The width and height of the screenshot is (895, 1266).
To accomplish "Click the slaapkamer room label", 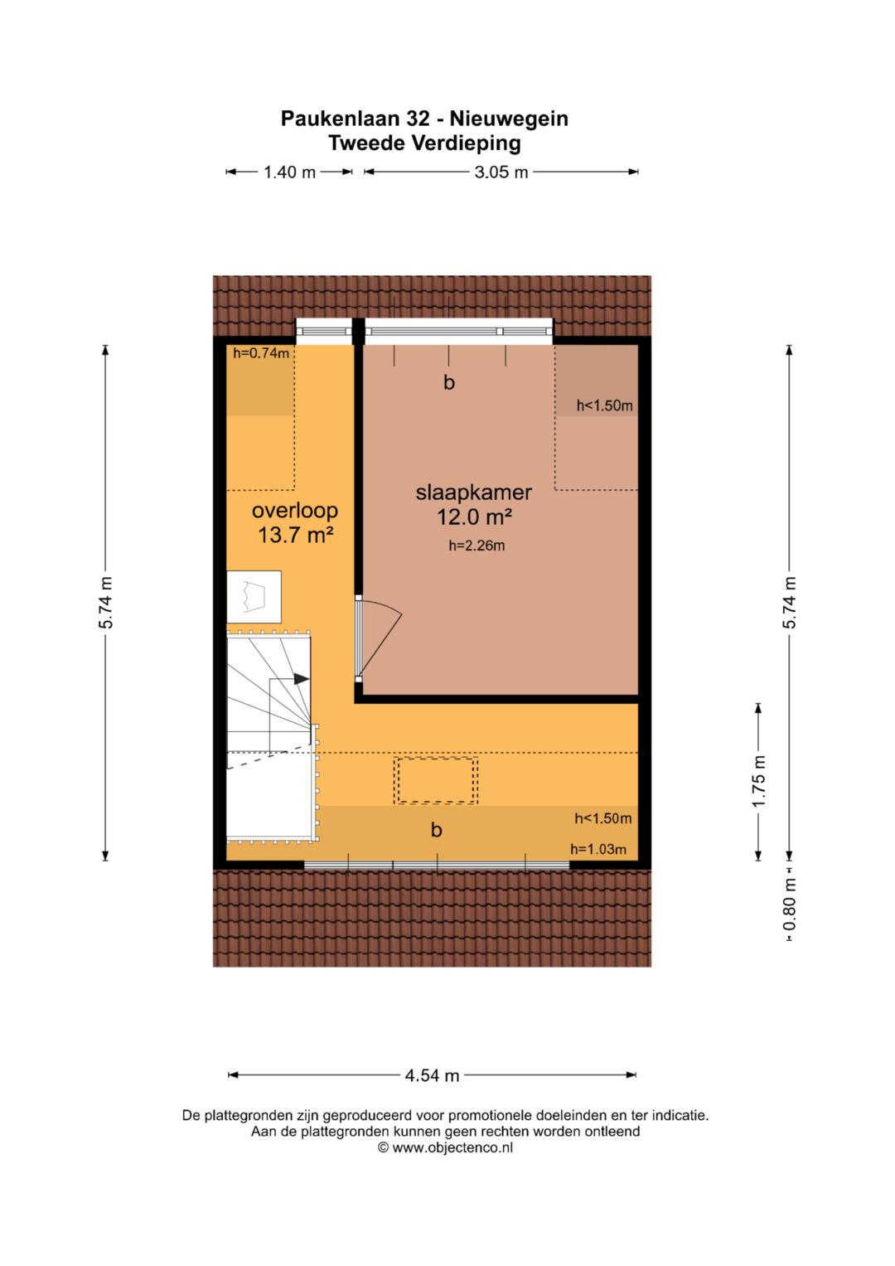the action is click(x=473, y=492).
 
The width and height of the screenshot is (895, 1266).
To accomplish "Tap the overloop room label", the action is click(x=295, y=511).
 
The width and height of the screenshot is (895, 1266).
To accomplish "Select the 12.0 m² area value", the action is click(x=474, y=517).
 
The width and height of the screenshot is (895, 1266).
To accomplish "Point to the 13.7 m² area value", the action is click(x=295, y=534).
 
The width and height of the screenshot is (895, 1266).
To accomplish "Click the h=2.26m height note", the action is click(x=477, y=546).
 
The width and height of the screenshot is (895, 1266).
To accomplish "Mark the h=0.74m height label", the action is click(x=261, y=354).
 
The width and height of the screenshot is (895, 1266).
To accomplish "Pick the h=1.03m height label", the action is click(x=598, y=849).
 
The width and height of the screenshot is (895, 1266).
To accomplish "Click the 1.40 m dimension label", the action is click(x=290, y=172).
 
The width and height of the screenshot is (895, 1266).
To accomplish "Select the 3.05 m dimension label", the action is click(x=501, y=172).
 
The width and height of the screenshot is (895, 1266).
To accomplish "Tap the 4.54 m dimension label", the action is click(x=433, y=1075).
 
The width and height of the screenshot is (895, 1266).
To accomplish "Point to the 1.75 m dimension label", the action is click(x=759, y=782).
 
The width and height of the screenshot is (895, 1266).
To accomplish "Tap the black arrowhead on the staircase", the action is click(x=301, y=679).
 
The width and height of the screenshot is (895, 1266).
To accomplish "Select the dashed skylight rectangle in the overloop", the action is click(x=436, y=780).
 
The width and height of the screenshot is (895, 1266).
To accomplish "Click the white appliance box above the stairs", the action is click(x=254, y=597).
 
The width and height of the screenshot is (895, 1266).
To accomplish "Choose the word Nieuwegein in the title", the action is click(x=509, y=119).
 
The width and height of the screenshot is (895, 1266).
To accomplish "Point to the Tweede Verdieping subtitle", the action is click(x=425, y=143).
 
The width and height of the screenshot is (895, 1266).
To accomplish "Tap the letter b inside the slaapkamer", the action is click(x=449, y=383).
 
